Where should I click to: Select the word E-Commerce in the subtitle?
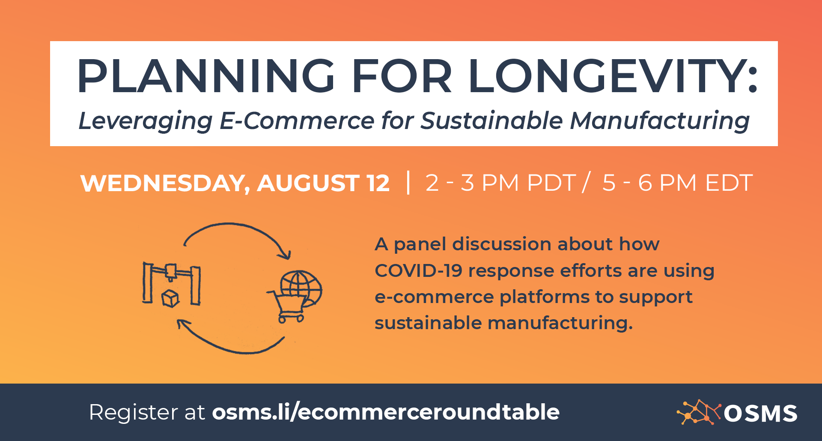(x=297, y=120)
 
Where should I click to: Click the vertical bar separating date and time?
(x=408, y=183)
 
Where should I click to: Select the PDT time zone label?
(x=551, y=183)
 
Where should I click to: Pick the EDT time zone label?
(x=729, y=183)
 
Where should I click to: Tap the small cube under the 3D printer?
(x=170, y=298)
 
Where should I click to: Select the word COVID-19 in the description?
(x=418, y=270)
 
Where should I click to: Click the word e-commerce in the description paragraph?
(x=434, y=297)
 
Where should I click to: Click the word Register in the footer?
(x=134, y=413)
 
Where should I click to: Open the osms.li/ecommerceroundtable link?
(x=386, y=412)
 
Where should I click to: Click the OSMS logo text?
(x=761, y=414)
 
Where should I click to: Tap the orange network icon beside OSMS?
(x=699, y=412)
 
